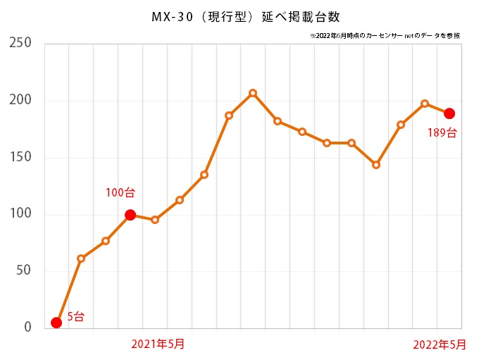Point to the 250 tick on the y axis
20,43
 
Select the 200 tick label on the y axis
20,100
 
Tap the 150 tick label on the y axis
20,157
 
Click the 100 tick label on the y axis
20,214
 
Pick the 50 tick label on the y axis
24,271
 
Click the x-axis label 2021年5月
158,344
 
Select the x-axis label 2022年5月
439,344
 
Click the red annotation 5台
75,317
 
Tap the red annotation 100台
120,192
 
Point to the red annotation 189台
442,132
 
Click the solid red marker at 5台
56,323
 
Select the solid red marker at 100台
130,215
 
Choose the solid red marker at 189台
449,113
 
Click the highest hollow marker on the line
253,93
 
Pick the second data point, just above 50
81,259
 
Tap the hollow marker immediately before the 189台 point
425,104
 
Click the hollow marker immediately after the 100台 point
155,220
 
